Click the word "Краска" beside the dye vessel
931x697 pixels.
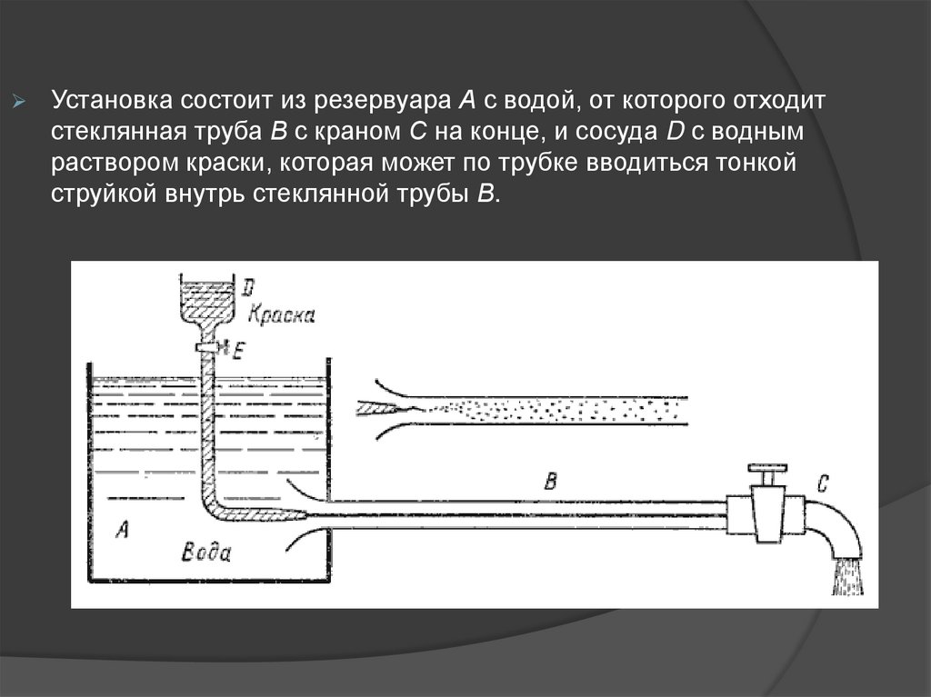(283, 315)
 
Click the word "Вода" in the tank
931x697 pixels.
(207, 553)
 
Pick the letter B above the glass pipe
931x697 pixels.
(548, 481)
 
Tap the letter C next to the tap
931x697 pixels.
(822, 484)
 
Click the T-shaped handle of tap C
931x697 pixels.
(766, 476)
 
